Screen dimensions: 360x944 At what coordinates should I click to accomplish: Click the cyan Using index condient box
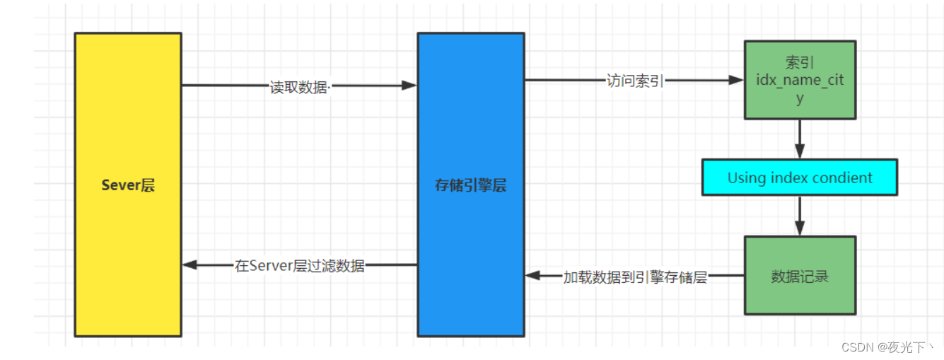(x=800, y=178)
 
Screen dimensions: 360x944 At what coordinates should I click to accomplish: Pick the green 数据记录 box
(x=800, y=276)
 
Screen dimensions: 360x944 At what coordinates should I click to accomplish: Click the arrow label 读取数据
(x=299, y=87)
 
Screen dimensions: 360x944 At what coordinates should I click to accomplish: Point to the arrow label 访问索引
(x=635, y=81)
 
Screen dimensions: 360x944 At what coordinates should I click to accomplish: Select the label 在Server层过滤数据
(x=300, y=266)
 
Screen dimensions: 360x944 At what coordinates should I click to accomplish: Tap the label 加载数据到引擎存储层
(x=635, y=277)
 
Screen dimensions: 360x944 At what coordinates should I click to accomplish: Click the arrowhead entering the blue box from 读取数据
(x=409, y=86)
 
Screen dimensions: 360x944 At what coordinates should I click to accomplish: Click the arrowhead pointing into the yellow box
(x=190, y=265)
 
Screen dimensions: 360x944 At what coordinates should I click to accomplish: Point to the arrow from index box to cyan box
(x=800, y=139)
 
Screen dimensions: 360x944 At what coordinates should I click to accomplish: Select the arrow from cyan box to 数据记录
(x=800, y=216)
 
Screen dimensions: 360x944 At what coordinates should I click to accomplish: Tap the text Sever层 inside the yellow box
(x=128, y=186)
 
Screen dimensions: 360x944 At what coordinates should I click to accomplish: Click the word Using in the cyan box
(x=747, y=178)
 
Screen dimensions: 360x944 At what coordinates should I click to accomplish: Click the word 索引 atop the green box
(x=800, y=63)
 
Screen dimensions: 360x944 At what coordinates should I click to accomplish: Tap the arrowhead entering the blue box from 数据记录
(x=533, y=276)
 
